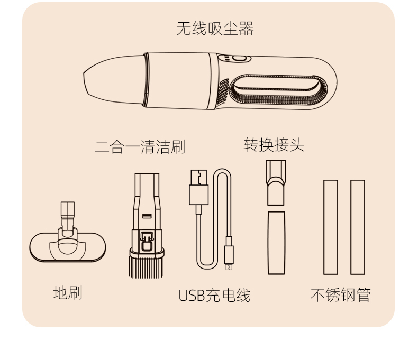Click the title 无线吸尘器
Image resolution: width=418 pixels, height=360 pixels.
pos(215,29)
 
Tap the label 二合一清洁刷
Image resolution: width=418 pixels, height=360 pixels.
pos(140,146)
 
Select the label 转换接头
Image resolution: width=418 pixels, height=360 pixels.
pos(274,144)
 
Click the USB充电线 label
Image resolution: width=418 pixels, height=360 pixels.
pos(214,296)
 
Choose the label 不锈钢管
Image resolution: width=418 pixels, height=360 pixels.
pos(340,295)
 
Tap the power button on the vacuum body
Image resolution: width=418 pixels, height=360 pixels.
pos(237,60)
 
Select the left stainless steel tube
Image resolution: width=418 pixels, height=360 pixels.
pos(331,227)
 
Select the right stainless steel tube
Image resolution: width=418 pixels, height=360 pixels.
pos(358,227)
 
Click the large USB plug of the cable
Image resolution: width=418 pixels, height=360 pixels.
pos(198,187)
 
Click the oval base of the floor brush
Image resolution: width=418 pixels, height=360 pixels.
pos(67,248)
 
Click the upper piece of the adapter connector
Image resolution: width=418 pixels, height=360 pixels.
pos(276,182)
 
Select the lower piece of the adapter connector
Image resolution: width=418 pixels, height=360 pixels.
pos(276,243)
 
